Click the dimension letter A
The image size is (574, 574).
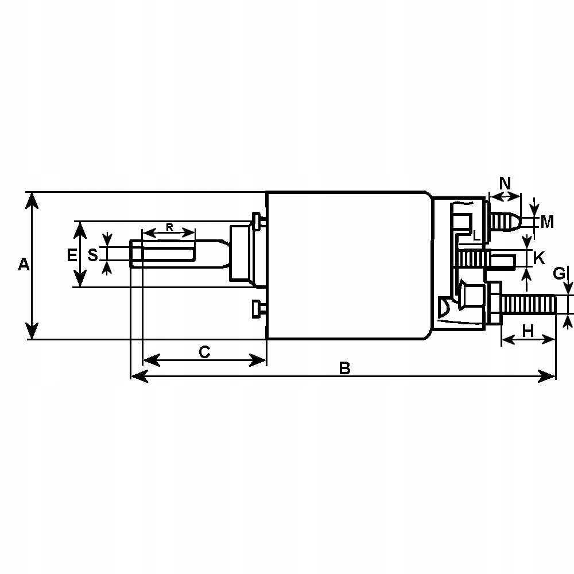click(x=23, y=265)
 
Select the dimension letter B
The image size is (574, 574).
click(x=344, y=368)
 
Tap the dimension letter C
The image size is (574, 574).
click(x=205, y=352)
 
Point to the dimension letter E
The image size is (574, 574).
click(x=72, y=255)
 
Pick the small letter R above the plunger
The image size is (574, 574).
click(x=169, y=227)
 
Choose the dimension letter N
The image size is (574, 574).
click(x=505, y=184)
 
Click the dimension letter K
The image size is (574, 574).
click(x=538, y=258)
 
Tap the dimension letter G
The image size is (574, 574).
click(x=559, y=274)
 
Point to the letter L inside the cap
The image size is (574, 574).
click(x=476, y=235)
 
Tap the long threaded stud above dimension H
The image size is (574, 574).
click(x=528, y=304)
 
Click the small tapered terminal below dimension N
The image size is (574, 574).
click(x=505, y=221)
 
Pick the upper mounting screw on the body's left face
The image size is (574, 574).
click(x=258, y=219)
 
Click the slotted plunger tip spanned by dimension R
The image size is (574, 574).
click(x=166, y=254)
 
